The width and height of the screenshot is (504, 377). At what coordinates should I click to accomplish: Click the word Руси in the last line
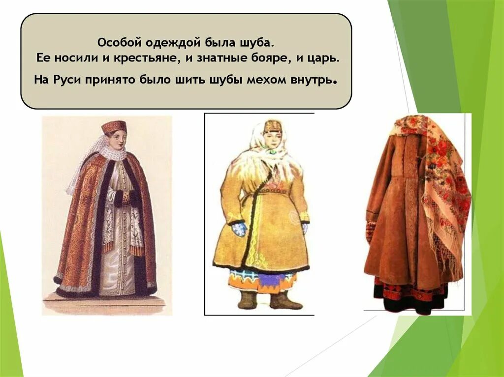click(x=67, y=80)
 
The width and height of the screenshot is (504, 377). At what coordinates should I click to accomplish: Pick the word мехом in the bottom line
click(x=267, y=80)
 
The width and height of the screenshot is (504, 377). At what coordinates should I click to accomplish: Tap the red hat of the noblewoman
click(x=114, y=127)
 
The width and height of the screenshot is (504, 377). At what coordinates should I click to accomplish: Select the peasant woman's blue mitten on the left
click(x=239, y=229)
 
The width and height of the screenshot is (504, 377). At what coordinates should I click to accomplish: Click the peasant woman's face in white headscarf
click(x=271, y=142)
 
